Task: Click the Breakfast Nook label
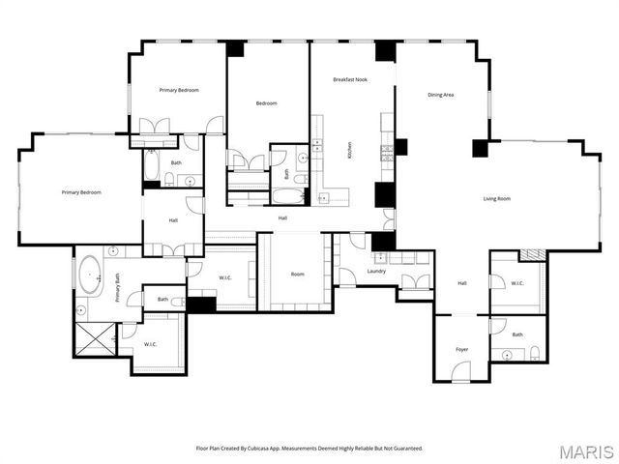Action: (x=349, y=79)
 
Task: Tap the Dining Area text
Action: (x=441, y=95)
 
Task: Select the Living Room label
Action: (x=497, y=198)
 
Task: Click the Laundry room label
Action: (x=376, y=272)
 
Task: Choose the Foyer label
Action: (x=462, y=349)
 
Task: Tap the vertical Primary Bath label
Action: (x=118, y=289)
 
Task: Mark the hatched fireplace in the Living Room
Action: (x=533, y=254)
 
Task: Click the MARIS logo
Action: (x=585, y=450)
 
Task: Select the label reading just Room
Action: (x=298, y=274)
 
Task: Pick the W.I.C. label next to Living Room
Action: (x=517, y=283)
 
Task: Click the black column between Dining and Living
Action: (x=479, y=148)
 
